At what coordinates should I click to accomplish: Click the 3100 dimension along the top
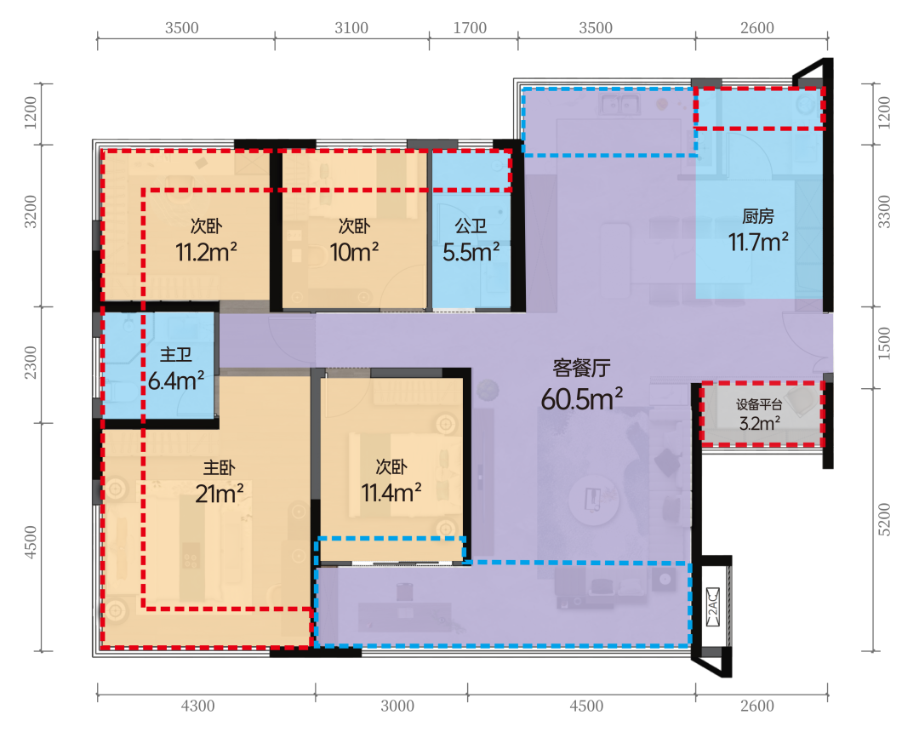point(351,27)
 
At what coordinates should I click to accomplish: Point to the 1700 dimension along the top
point(470,27)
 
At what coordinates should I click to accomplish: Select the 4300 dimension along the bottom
point(198,706)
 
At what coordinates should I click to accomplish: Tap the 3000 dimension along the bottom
point(397,706)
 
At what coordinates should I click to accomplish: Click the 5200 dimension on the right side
point(884,519)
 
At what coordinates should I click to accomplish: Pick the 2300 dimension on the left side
point(31,363)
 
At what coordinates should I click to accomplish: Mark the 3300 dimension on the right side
point(884,212)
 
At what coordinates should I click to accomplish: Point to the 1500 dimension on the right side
point(884,343)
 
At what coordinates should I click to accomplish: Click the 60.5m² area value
point(581,399)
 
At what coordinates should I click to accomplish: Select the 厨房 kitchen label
point(758,216)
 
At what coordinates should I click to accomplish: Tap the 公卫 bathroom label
point(471,226)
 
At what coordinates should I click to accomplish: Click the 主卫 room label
point(176,355)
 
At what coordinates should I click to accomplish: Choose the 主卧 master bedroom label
point(220,467)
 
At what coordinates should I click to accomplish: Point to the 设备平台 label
point(760,404)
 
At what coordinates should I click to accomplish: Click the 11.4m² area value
point(391,493)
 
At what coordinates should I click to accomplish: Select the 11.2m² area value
point(206,252)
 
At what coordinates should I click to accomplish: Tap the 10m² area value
point(354,252)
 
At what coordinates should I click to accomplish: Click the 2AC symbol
point(713,607)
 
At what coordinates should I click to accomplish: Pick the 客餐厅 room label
point(581,368)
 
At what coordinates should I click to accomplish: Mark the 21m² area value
point(220,494)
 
